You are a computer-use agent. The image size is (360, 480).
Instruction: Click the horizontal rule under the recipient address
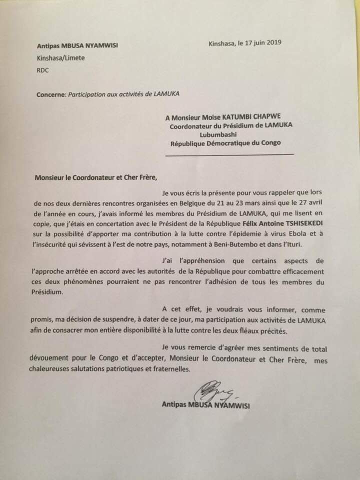tap(229, 155)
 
